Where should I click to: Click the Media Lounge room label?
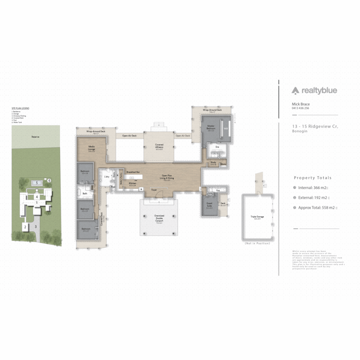[92, 148]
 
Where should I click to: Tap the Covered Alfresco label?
[159, 146]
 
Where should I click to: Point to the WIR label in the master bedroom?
[226, 128]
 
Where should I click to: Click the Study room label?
[213, 163]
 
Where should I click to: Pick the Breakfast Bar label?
[133, 172]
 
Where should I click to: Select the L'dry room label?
[106, 176]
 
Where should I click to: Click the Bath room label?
[85, 193]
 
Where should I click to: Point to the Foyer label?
[154, 190]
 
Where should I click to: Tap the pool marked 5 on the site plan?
[37, 183]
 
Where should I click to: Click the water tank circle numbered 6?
[49, 180]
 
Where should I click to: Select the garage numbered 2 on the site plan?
[25, 227]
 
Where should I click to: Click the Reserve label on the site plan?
[36, 137]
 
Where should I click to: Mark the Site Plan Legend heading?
[20, 108]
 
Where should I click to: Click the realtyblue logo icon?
[296, 90]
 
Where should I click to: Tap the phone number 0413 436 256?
[300, 108]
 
